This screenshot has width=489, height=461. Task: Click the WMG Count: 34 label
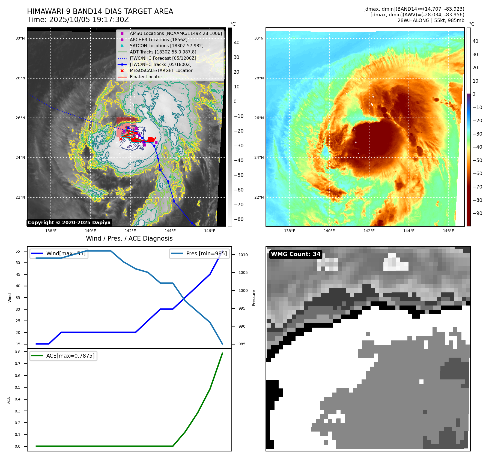point(296,254)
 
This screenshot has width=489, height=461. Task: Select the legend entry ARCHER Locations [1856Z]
point(158,40)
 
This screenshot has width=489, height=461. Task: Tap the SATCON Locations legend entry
point(166,46)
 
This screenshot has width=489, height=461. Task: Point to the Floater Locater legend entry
point(146,77)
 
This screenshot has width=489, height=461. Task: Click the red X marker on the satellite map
point(121,139)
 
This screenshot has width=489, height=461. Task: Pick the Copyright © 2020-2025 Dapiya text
point(69,223)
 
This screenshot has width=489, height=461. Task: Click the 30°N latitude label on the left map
point(20,38)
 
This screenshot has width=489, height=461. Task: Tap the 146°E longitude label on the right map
point(448,231)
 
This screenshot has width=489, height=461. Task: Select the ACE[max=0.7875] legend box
point(63,356)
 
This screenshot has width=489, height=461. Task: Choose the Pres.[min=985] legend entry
point(199,253)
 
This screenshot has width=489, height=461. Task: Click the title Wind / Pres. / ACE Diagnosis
point(129,238)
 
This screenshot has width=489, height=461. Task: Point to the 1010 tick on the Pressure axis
point(243,255)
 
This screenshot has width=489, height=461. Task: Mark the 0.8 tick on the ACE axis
point(18,352)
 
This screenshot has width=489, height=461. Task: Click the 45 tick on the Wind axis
point(18,274)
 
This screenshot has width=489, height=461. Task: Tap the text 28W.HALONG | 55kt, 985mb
point(431,20)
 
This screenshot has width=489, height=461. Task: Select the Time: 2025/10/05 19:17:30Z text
point(78,20)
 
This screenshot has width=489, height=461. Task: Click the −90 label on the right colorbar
point(477,213)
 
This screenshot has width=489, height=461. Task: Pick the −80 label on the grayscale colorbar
point(238,219)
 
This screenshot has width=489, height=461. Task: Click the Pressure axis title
point(254,298)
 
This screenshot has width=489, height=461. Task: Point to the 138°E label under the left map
point(51,231)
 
